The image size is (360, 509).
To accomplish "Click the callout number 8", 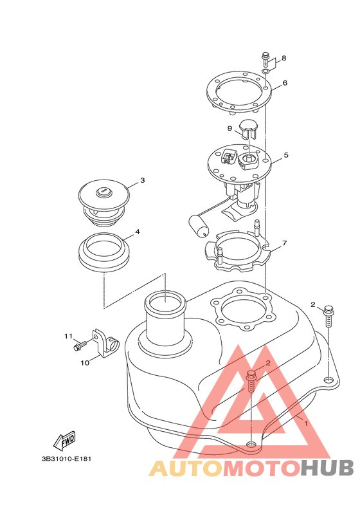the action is [283, 58].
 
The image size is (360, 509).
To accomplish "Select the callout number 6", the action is [285, 83].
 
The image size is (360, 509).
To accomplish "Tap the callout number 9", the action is [230, 129].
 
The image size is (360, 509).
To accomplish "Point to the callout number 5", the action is [285, 155].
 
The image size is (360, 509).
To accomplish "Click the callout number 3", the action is [142, 180].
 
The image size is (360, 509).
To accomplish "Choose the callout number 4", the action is [138, 232].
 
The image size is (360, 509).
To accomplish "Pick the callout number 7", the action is [284, 243].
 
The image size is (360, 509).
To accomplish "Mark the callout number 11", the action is [68, 337].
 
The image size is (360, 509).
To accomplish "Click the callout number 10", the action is [85, 363].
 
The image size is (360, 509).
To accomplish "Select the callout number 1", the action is [305, 423].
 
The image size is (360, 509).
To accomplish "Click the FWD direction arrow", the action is [64, 441].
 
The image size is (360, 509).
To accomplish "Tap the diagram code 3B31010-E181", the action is [66, 459].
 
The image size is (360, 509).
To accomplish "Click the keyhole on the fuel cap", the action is [103, 192].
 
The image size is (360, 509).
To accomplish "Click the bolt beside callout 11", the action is [80, 346].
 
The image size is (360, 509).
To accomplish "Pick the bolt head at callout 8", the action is [265, 55].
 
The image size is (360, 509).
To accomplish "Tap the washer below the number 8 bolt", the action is [265, 71].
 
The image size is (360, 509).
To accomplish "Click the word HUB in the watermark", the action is [327, 468].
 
